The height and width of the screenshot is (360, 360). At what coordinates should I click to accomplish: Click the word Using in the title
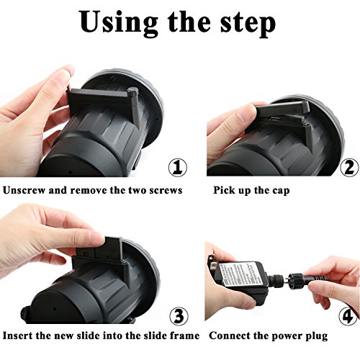(119, 23)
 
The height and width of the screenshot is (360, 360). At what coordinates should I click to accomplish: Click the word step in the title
(248, 24)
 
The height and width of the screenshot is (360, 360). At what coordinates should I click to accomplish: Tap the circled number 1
(178, 167)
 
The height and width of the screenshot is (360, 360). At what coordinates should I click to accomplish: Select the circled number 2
(350, 168)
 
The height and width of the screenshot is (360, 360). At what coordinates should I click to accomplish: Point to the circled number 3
(179, 316)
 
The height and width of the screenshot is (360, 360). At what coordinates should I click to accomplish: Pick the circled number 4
(348, 316)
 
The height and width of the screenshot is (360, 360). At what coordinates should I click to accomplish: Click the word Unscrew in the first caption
(24, 190)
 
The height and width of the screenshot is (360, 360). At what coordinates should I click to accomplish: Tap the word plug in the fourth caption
(317, 336)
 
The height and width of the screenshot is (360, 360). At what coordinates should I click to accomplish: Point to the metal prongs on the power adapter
(212, 265)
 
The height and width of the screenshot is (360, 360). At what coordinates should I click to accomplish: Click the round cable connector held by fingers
(297, 281)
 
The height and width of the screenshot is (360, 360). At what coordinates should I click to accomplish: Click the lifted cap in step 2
(283, 109)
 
